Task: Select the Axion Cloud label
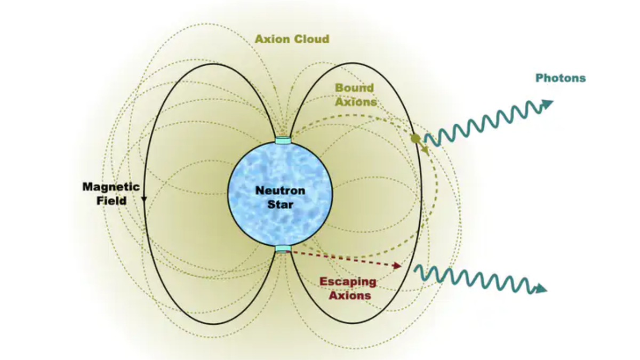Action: (292, 39)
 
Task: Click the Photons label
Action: (560, 78)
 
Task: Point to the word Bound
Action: (354, 88)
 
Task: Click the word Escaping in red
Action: (348, 282)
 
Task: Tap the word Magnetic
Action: (111, 187)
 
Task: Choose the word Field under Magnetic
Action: (111, 201)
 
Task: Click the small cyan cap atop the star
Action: (283, 140)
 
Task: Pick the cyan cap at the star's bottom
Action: (283, 249)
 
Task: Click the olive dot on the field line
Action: (415, 139)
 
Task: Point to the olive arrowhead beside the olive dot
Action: (425, 151)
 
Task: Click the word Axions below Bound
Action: (356, 101)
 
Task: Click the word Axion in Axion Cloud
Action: (272, 39)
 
